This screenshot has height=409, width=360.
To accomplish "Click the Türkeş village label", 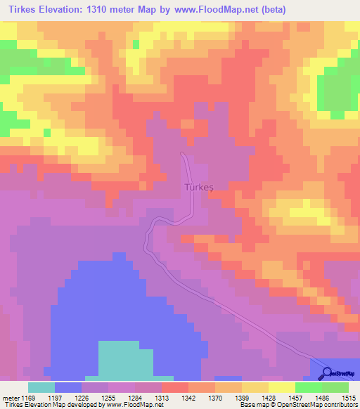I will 196,188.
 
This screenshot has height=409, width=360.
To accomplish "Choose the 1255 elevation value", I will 108,397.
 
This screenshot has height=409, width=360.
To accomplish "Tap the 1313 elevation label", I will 162,397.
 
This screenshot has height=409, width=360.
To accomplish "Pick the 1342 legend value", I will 188,397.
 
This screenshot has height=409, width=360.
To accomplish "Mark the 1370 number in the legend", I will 215,397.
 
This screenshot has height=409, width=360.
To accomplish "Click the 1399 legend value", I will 242,397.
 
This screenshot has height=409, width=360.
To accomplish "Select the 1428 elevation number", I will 269,397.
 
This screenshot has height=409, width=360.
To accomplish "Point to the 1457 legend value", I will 295,397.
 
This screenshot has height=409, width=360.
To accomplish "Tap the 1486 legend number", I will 322,397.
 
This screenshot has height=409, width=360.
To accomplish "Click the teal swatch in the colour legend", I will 41,387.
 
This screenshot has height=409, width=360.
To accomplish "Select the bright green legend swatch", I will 309,387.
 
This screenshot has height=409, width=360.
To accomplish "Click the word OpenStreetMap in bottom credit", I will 297,405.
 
